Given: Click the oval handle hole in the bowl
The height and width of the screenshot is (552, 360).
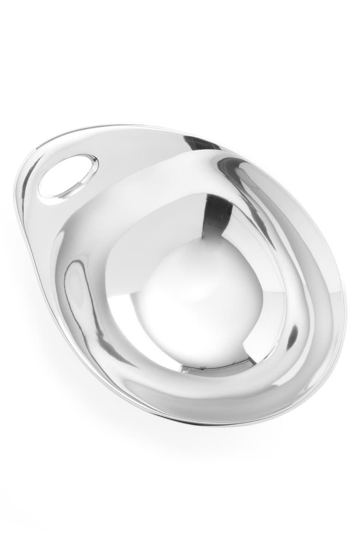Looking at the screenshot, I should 68,178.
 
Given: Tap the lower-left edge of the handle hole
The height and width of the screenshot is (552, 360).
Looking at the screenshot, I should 46,194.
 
